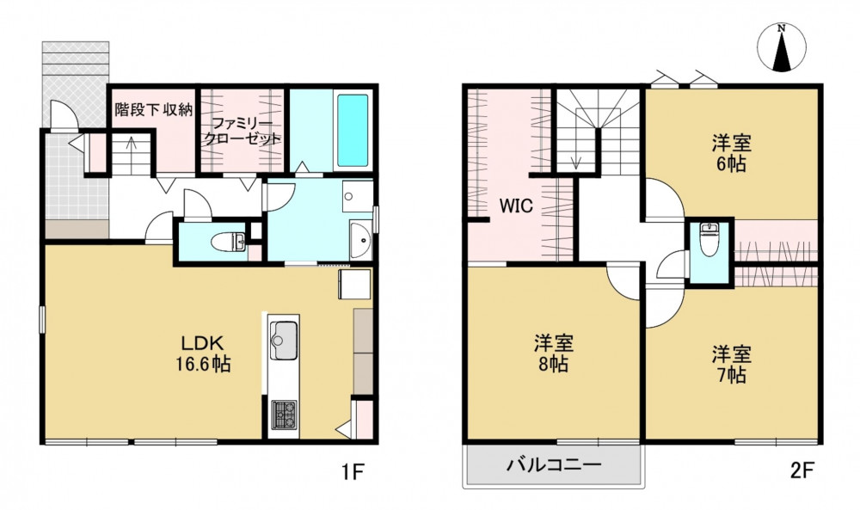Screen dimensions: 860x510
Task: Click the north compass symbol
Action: tap(782, 48)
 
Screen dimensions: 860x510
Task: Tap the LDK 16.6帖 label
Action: tap(202, 353)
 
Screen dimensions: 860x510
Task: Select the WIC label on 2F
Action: tap(516, 206)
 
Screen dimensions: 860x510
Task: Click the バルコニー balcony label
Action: tap(553, 465)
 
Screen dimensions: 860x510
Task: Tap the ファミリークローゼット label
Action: tap(242, 131)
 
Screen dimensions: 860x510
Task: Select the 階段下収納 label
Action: tap(154, 110)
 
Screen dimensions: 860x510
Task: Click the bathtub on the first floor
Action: tap(353, 131)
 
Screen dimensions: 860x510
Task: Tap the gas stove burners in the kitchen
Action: tap(284, 415)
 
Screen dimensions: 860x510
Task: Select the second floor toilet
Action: tap(709, 240)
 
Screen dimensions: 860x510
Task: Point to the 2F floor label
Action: tap(802, 470)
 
